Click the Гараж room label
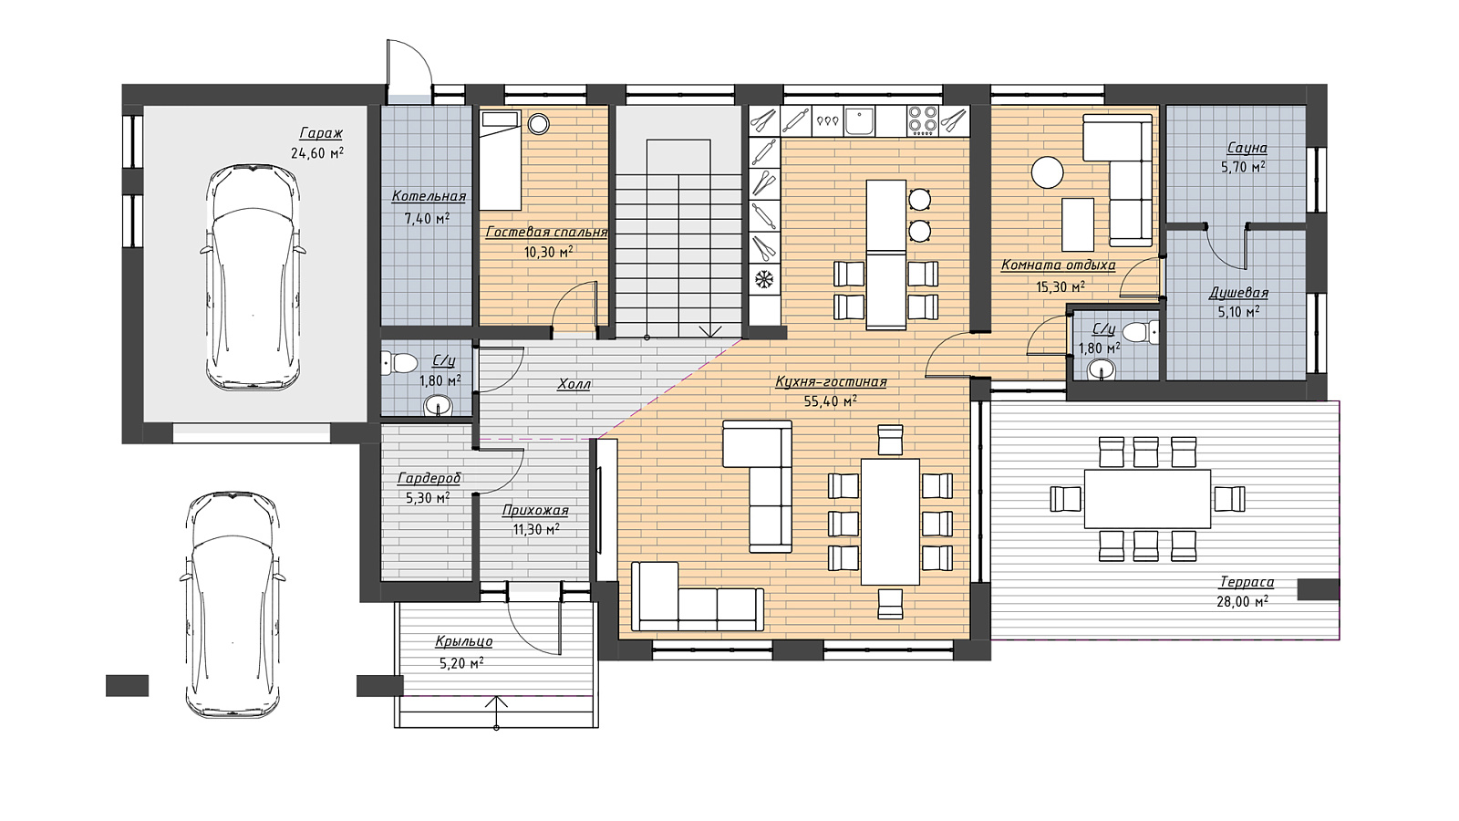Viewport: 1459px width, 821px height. click(321, 133)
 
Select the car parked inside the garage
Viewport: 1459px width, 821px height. click(253, 277)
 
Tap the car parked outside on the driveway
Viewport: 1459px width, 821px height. click(233, 605)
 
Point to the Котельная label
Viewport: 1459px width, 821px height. click(429, 196)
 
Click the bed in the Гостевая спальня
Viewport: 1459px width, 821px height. click(501, 160)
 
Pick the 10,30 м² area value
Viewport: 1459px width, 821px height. click(548, 252)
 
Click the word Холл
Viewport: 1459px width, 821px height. click(574, 384)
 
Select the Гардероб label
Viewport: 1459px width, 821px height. click(429, 479)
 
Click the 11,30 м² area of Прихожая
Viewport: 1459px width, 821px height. click(536, 530)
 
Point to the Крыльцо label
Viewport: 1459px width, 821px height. click(464, 642)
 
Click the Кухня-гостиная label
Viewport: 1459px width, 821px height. click(831, 382)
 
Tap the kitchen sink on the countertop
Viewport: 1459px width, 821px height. click(861, 121)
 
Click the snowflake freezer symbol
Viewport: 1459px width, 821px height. click(763, 280)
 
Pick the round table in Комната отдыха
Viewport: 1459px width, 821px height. click(1047, 172)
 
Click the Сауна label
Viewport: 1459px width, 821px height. click(1247, 149)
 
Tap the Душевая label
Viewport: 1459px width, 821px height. click(1238, 293)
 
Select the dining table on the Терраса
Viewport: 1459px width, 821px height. click(1147, 498)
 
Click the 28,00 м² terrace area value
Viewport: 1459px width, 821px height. click(1242, 602)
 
